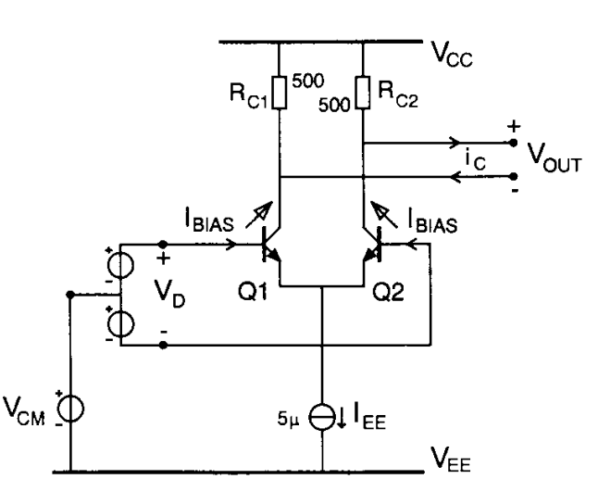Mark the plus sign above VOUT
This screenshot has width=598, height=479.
point(515,127)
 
